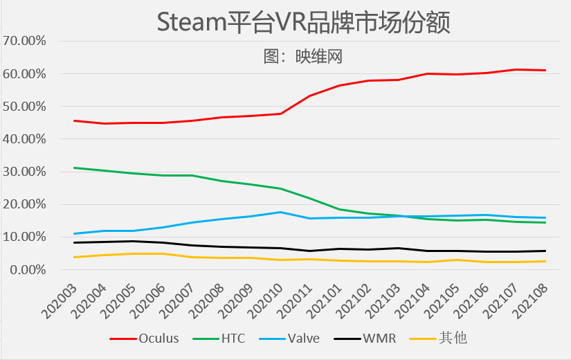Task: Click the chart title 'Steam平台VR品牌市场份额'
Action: click(303, 22)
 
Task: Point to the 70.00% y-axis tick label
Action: click(24, 41)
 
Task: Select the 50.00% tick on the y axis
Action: click(24, 107)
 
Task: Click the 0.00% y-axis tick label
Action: click(27, 269)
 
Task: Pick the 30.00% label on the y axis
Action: click(24, 172)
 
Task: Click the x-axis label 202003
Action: click(60, 300)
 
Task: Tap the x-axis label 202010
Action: click(266, 300)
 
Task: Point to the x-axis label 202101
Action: click(325, 300)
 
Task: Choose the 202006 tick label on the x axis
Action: click(149, 300)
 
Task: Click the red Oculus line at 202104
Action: click(428, 73)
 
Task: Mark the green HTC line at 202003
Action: click(73, 168)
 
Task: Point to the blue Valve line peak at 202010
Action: click(280, 212)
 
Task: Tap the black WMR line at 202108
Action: click(545, 251)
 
